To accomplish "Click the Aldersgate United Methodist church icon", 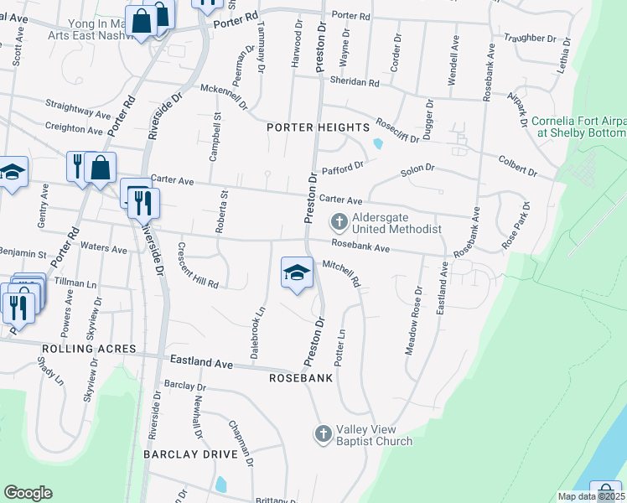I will point(339,222).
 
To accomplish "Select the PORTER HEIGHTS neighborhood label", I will point(318,127).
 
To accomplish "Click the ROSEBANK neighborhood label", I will point(301,378).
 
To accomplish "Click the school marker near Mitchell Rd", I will point(295,272).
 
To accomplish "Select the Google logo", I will point(28,493).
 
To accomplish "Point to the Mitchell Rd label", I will point(340,272).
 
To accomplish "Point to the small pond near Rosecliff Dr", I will point(378,143).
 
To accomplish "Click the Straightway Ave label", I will point(77,109).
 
